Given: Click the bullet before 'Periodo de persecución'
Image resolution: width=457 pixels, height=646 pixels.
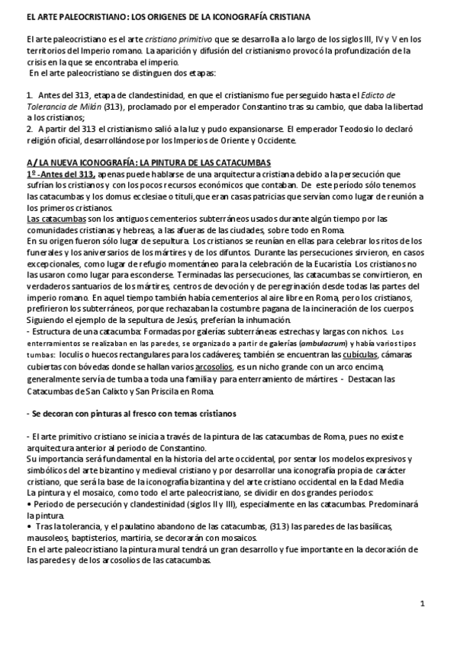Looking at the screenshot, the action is coord(28,504).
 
